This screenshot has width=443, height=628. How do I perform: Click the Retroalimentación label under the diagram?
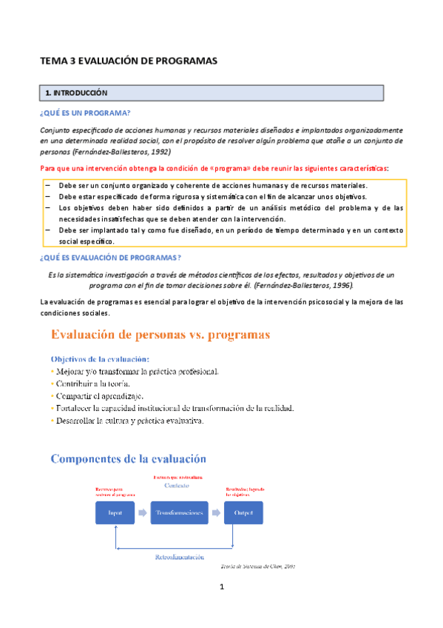180,557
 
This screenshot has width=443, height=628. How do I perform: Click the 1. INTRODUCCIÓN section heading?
77,93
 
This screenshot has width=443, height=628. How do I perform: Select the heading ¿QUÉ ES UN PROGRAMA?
85,113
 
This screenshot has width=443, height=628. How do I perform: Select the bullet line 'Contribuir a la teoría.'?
92,384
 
